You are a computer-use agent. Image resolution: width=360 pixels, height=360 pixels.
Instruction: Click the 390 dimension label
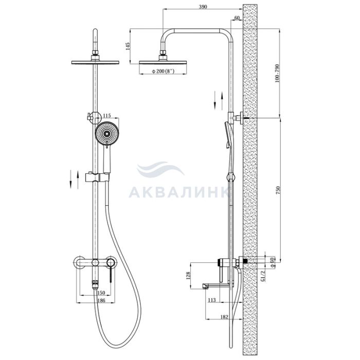[203, 7]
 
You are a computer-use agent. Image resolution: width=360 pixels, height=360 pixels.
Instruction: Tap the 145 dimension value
[128, 46]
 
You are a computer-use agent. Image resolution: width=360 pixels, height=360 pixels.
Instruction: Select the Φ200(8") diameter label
[163, 71]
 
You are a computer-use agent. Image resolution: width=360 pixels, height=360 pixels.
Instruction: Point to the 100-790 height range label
[277, 74]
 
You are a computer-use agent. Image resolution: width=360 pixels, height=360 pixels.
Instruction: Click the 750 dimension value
[278, 190]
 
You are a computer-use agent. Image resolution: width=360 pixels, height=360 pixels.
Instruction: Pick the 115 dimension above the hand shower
[107, 115]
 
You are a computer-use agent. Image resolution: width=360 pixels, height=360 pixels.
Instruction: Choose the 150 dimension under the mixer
[101, 293]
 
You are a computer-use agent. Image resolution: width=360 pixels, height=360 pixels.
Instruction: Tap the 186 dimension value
[101, 300]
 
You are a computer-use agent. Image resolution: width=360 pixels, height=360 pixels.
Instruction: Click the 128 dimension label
[188, 276]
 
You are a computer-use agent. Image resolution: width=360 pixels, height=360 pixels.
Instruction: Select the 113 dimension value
[212, 300]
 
